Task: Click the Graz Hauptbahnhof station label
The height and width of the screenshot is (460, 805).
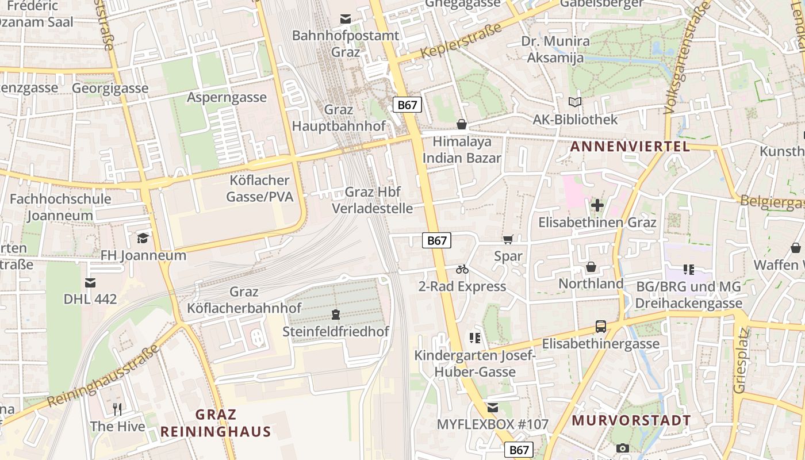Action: click(338, 117)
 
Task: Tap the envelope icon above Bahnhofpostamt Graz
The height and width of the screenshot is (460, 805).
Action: click(345, 19)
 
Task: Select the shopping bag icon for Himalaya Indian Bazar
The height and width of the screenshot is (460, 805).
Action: click(461, 124)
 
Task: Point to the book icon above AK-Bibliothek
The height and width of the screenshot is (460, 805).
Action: click(574, 102)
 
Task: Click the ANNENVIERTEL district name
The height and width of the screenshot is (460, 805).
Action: click(630, 147)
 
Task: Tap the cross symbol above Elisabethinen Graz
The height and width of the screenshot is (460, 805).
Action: click(597, 205)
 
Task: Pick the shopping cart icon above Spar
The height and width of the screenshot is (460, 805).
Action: click(508, 240)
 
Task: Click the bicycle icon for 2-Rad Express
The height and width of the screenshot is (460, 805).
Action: click(462, 269)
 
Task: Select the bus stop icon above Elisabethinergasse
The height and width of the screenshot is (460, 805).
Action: click(600, 327)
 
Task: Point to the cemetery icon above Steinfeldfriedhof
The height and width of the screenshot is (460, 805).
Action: click(336, 315)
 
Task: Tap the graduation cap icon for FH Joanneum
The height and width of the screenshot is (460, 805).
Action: click(143, 238)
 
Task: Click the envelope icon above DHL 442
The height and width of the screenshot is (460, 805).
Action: click(90, 282)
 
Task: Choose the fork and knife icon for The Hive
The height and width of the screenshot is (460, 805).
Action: click(117, 409)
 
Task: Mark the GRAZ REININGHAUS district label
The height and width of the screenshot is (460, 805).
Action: click(216, 423)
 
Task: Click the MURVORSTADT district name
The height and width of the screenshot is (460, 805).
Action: click(631, 420)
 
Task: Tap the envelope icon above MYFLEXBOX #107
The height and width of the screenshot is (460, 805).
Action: click(492, 408)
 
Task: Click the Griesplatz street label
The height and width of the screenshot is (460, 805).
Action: click(741, 361)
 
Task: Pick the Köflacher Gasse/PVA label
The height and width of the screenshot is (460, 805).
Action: click(259, 189)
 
